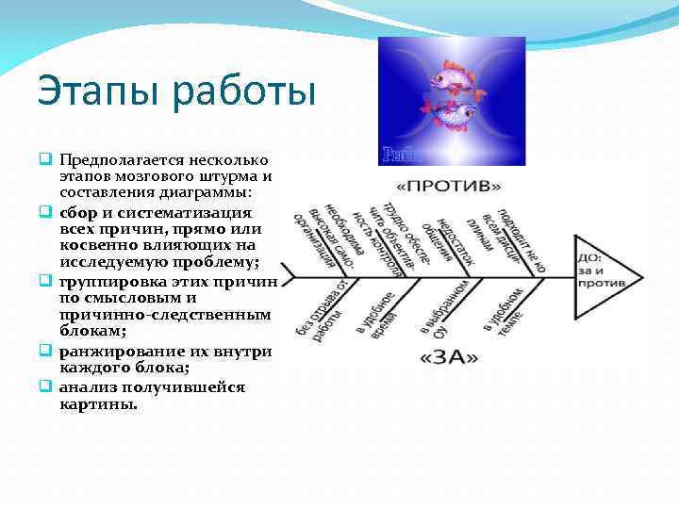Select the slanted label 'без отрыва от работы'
[x=321, y=304]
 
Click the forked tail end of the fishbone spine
[x=288, y=277]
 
